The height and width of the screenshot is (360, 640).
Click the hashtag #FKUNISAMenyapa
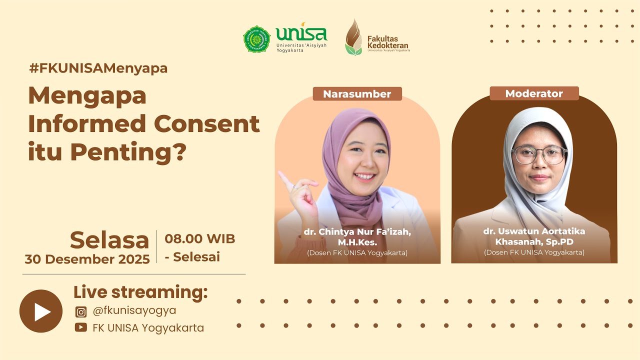(x=98, y=68)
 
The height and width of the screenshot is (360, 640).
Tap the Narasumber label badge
(x=357, y=94)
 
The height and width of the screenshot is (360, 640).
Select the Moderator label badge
(x=534, y=93)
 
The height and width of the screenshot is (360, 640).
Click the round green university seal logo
(x=256, y=39)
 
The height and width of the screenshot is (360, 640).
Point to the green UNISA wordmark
(x=301, y=34)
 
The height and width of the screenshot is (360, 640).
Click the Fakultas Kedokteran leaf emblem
(x=353, y=37)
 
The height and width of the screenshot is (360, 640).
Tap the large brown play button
(x=41, y=311)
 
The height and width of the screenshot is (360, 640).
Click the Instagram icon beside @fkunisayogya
(x=81, y=312)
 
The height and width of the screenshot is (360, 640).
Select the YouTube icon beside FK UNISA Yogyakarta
(x=80, y=327)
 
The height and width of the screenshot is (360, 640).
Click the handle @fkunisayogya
(x=134, y=310)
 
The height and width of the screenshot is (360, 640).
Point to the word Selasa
(x=109, y=240)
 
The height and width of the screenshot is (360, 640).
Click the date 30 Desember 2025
(x=87, y=259)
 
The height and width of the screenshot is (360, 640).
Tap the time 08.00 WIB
(x=200, y=238)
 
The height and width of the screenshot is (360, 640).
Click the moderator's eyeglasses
(x=539, y=155)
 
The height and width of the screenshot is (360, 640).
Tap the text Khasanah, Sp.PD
(x=534, y=242)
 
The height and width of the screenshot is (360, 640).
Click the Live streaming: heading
(x=140, y=292)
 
